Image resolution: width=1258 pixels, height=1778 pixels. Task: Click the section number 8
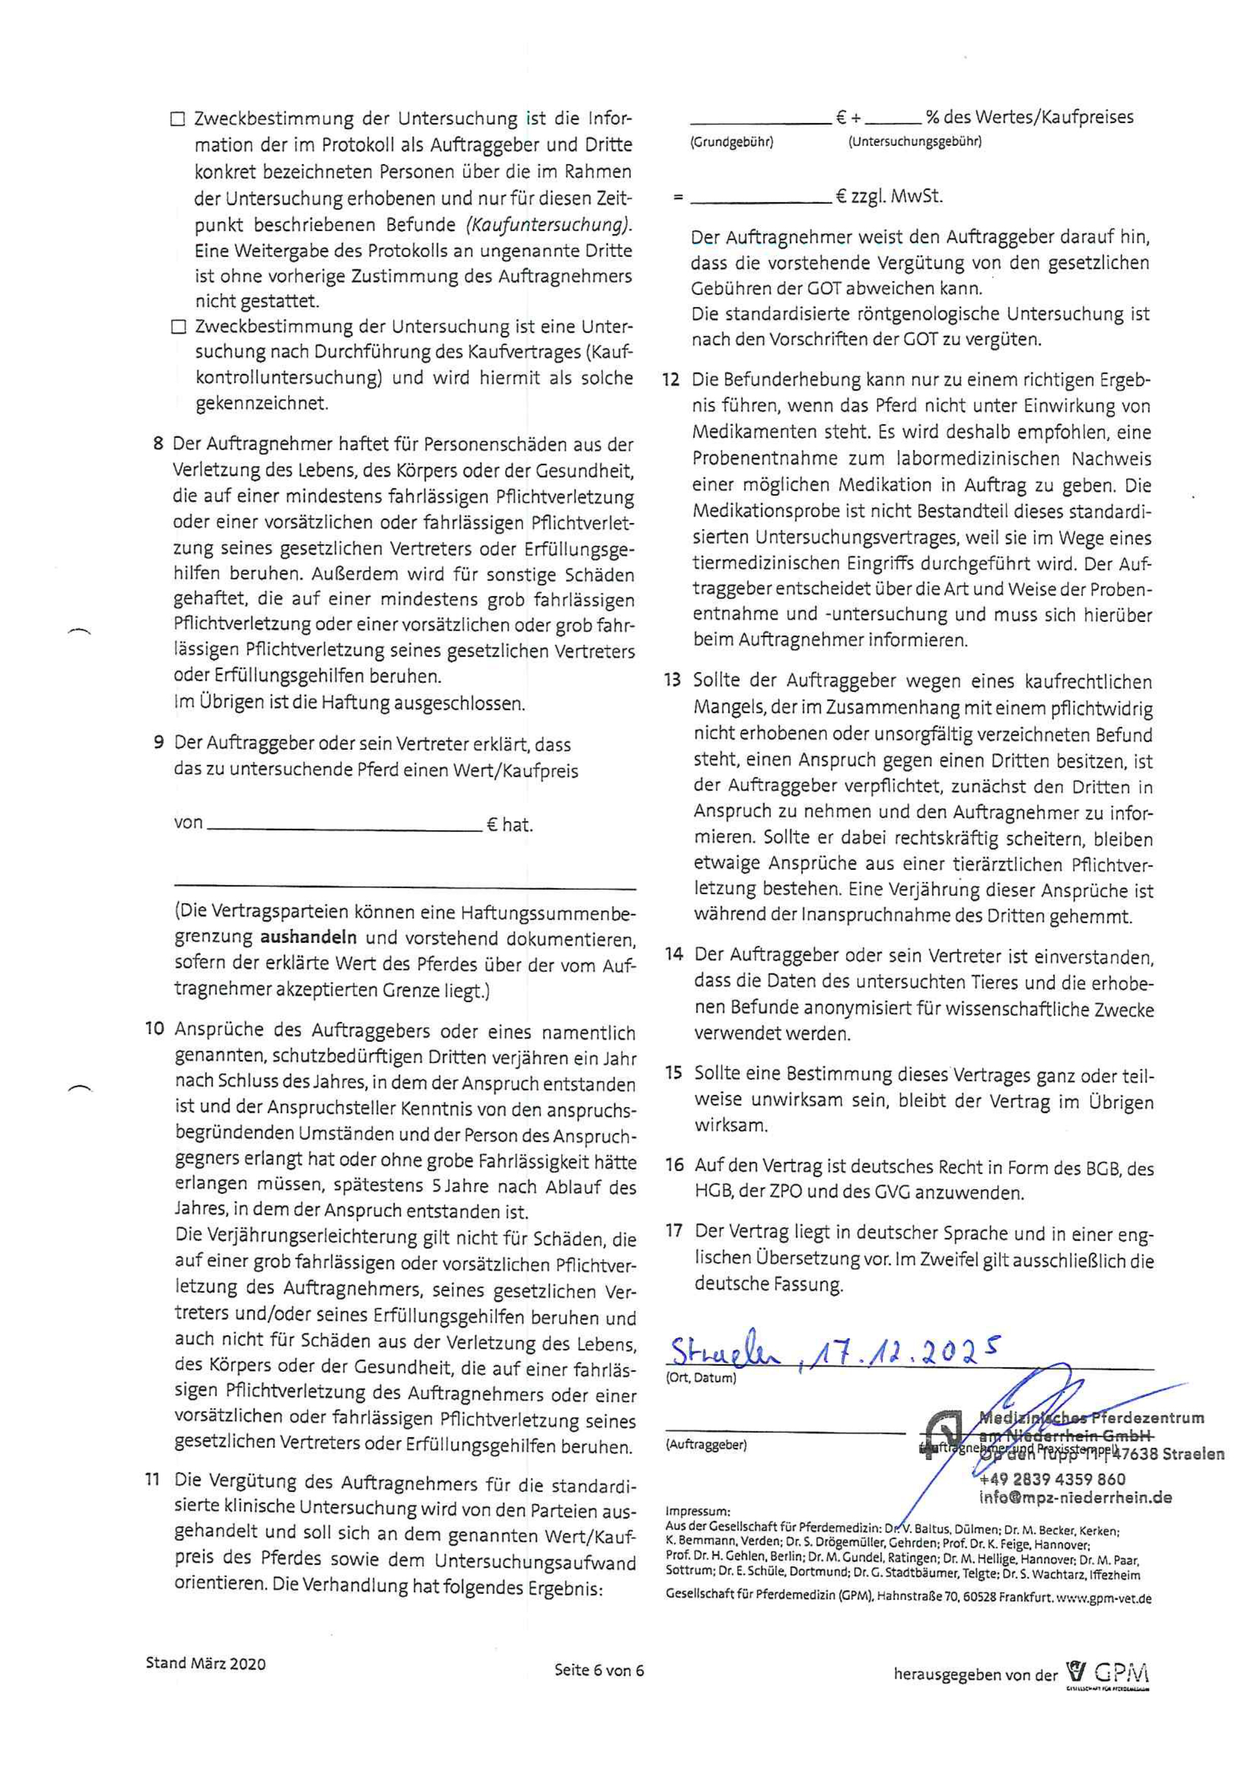(x=158, y=444)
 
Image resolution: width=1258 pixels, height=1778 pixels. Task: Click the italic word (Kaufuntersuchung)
(x=548, y=225)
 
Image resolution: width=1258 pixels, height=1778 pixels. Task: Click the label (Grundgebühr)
(x=731, y=142)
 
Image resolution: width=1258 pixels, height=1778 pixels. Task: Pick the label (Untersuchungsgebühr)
(x=914, y=142)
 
